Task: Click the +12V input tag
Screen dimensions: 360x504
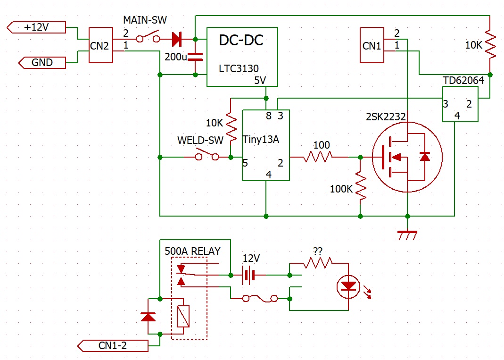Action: pos(36,27)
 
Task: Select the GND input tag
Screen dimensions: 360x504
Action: pos(41,62)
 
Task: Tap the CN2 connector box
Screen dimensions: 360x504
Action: pos(100,45)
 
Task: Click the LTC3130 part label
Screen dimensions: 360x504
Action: pos(239,69)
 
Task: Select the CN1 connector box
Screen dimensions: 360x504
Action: pos(372,45)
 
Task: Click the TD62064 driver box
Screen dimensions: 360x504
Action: pos(460,104)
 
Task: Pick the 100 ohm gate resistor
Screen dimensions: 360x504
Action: pos(319,157)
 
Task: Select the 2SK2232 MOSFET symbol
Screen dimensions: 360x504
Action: pos(407,157)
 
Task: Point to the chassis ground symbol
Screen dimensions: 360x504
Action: pos(406,234)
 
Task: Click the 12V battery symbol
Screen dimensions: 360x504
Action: pos(248,275)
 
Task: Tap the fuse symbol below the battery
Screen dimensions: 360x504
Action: pos(259,298)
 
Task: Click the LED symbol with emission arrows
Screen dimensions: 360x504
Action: pos(349,286)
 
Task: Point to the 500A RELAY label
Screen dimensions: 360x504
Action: pos(192,251)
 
